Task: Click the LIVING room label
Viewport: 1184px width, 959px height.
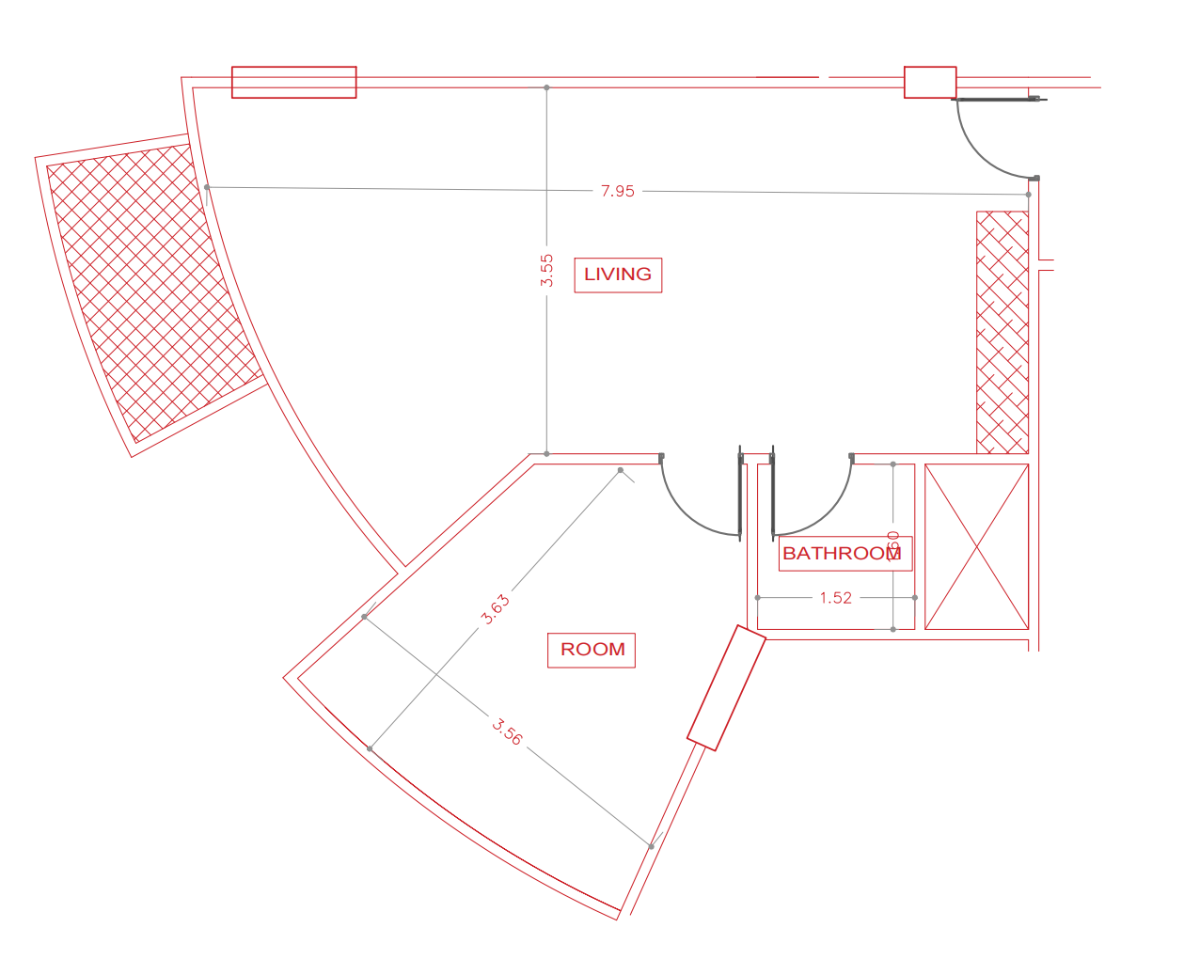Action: tap(618, 275)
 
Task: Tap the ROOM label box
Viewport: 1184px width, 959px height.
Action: tap(592, 650)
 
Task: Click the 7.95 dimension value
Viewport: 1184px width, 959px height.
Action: tap(618, 191)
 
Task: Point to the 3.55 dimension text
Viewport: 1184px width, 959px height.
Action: tap(547, 271)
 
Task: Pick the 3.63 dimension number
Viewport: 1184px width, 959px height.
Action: tap(495, 609)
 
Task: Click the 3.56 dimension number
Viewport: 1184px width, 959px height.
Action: tap(507, 731)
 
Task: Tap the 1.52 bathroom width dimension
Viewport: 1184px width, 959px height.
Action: tap(835, 598)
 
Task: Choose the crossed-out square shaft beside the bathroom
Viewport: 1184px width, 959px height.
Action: tap(976, 546)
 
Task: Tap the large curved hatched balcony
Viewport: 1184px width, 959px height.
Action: tap(150, 291)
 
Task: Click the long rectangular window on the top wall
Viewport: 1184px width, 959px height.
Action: tap(293, 82)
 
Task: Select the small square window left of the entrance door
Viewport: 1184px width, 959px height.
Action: tap(930, 82)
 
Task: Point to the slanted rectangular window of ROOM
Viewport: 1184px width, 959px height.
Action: tap(726, 688)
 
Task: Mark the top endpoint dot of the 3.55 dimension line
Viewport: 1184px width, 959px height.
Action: tap(546, 87)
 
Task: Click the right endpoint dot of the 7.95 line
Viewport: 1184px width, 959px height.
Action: tap(1028, 195)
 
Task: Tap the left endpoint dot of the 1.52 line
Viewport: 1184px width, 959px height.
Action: tap(758, 598)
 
